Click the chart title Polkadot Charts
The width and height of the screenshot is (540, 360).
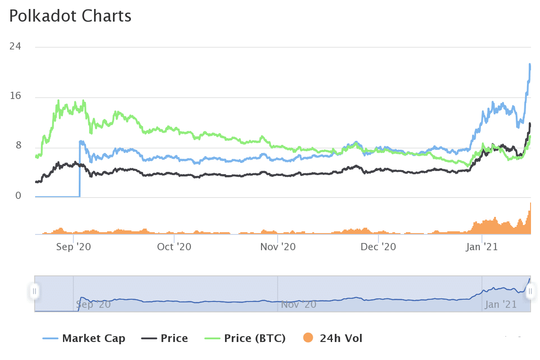pos(70,16)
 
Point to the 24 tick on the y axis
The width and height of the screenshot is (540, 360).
pos(15,47)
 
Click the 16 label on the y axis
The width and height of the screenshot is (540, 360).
pos(15,97)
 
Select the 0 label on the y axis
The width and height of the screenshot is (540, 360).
pos(18,196)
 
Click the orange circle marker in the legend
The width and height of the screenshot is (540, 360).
pos(309,338)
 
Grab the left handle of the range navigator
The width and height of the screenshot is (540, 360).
pos(34,291)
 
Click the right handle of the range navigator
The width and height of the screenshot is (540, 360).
pos(531,291)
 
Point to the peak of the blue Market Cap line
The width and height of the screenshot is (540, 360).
pos(530,65)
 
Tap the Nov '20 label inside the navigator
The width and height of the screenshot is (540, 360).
pos(298,305)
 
